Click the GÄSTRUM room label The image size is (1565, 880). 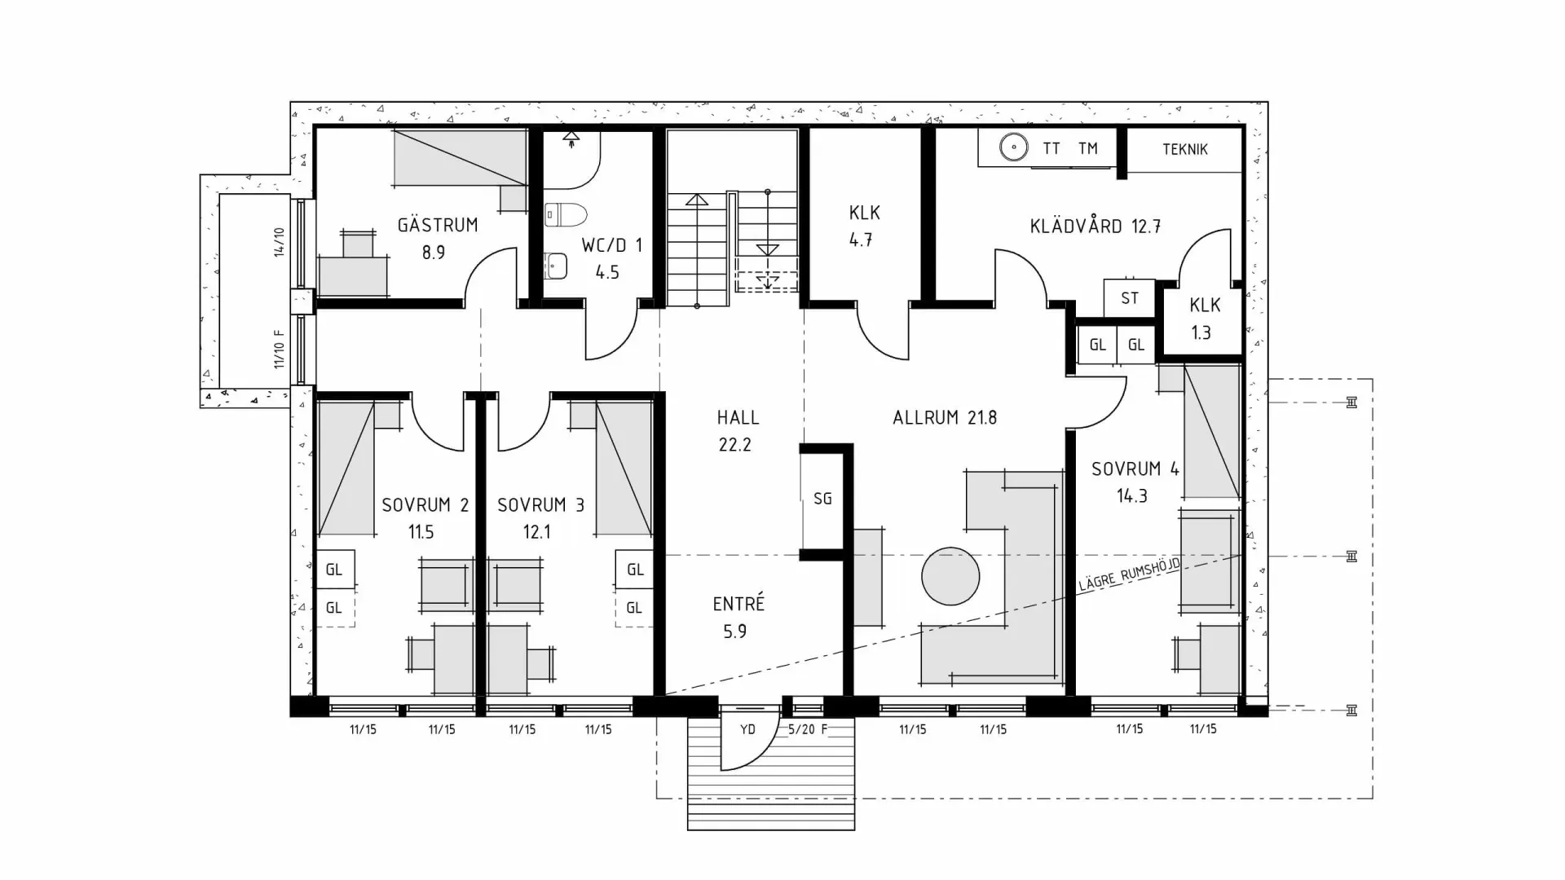pyautogui.click(x=438, y=225)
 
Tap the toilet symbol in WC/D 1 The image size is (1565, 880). pyautogui.click(x=566, y=214)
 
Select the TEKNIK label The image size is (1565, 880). pyautogui.click(x=1184, y=149)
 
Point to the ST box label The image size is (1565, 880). pyautogui.click(x=1129, y=298)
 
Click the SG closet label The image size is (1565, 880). pyautogui.click(x=822, y=498)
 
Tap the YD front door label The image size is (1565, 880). pyautogui.click(x=747, y=729)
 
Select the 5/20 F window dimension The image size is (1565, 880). pyautogui.click(x=807, y=729)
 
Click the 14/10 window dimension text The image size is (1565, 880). pyautogui.click(x=280, y=242)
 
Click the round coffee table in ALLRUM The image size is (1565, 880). pyautogui.click(x=950, y=575)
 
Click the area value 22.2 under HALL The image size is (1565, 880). pyautogui.click(x=734, y=445)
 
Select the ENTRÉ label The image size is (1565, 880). pyautogui.click(x=738, y=604)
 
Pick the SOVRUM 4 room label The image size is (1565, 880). pyautogui.click(x=1135, y=469)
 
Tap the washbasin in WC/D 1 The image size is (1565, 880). pyautogui.click(x=556, y=264)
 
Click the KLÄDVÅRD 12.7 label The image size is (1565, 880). pyautogui.click(x=1095, y=227)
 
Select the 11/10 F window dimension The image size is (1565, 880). pyautogui.click(x=280, y=349)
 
